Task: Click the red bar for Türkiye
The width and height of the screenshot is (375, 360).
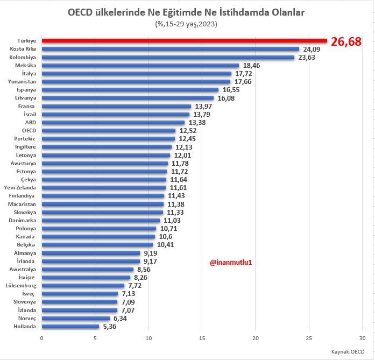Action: [x=184, y=40]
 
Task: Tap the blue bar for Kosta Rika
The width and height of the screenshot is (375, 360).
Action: [x=170, y=48]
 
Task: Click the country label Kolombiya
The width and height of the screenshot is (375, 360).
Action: [x=23, y=57]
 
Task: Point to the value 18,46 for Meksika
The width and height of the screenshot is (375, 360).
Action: [x=252, y=65]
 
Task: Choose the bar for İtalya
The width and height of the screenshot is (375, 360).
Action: [x=136, y=73]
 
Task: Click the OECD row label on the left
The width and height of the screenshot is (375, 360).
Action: [x=28, y=130]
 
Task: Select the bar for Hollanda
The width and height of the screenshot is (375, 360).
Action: [x=70, y=326]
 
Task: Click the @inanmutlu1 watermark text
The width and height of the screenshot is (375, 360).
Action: [x=231, y=262]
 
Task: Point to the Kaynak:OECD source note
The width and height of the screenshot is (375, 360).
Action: [x=348, y=351]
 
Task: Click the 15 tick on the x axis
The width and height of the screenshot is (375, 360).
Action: [x=202, y=338]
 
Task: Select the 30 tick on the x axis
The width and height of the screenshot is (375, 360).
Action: [x=363, y=338]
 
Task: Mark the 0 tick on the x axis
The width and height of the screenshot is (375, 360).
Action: [x=41, y=338]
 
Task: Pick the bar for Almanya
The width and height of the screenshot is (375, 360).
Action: [x=90, y=253]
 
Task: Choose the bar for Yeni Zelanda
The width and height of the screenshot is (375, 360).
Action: [x=103, y=187]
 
